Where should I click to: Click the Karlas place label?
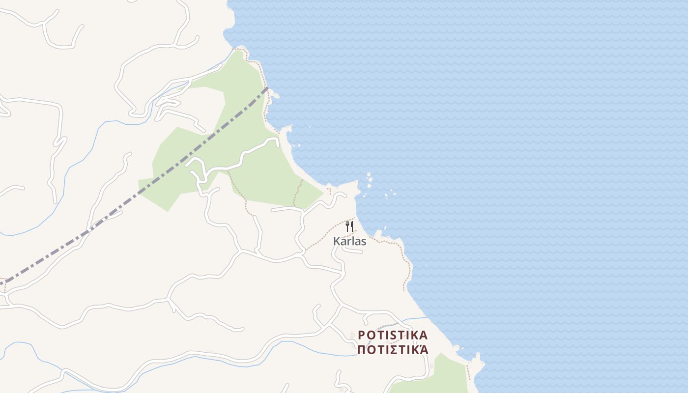coord(349,241)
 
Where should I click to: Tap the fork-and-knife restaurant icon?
coord(349,226)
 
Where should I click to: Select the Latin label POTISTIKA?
coord(393,336)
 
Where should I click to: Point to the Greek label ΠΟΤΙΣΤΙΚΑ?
coord(393,350)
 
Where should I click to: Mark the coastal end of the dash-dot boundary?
coord(267,88)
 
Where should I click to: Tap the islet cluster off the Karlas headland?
coord(369,180)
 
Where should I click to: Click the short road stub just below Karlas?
coord(353,251)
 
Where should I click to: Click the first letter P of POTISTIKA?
coord(362,336)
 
